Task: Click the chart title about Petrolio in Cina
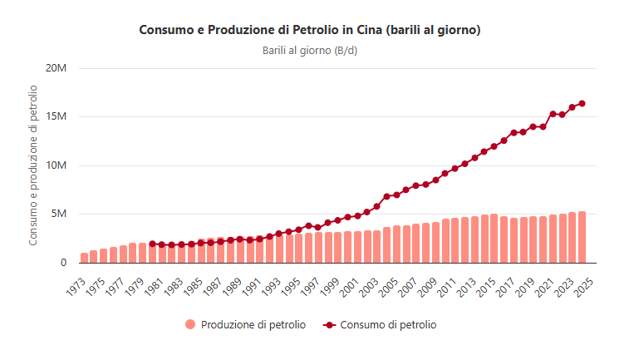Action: point(310,30)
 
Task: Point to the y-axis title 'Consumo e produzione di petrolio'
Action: point(34,165)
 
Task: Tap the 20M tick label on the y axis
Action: point(56,67)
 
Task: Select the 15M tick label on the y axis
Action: point(56,116)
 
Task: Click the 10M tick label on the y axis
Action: point(56,165)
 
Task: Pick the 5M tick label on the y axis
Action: point(58,214)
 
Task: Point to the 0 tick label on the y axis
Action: point(62,263)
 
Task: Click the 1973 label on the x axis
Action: point(76,284)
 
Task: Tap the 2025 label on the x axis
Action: point(584,284)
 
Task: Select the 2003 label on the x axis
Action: point(369,284)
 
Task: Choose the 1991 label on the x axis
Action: point(252,284)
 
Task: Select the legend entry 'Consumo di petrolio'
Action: point(387,325)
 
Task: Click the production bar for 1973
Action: point(84,258)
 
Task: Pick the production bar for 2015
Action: point(494,239)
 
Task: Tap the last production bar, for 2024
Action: point(582,237)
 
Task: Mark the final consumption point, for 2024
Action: point(582,103)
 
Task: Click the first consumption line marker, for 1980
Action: point(152,244)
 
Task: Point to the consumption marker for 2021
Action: point(553,114)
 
